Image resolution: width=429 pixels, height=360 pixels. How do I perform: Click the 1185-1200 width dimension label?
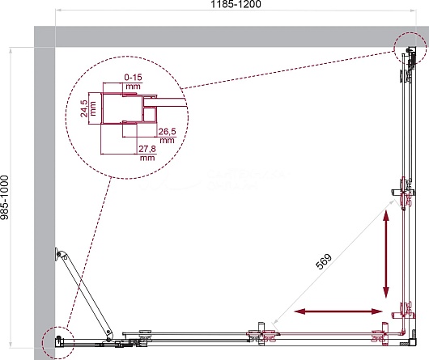[236, 4]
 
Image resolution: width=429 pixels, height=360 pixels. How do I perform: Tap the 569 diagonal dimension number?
[324, 261]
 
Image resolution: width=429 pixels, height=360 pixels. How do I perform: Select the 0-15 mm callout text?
[133, 82]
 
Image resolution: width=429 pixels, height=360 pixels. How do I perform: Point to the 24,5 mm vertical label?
[88, 108]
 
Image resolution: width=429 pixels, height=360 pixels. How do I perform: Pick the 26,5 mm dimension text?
[167, 136]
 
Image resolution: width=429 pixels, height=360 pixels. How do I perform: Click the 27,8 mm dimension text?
[147, 153]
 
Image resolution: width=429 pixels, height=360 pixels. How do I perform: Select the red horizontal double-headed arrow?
[338, 311]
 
